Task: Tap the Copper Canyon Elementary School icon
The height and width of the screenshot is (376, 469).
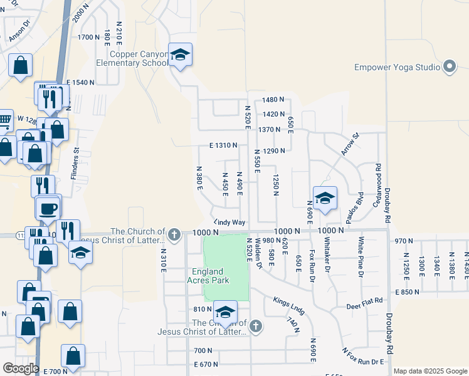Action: pos(180,56)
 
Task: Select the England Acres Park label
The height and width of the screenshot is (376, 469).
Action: pos(208,275)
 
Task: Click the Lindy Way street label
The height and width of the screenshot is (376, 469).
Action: pos(229,222)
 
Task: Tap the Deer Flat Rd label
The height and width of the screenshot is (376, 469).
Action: pos(364,303)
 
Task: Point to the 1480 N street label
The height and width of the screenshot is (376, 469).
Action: pos(274,100)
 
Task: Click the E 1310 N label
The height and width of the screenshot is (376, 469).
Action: pos(223,145)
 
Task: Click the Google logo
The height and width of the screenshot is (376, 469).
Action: pos(21,368)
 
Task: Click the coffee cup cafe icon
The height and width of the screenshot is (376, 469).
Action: pos(48,208)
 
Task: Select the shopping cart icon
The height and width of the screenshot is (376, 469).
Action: pos(4,120)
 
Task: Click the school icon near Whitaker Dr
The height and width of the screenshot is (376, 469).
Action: pos(325,199)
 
